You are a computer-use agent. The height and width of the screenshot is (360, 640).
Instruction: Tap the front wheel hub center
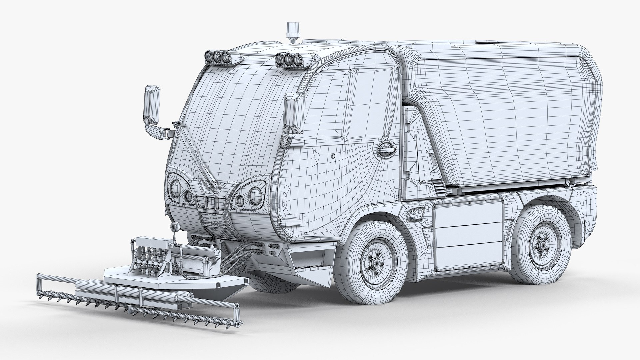point(375,263)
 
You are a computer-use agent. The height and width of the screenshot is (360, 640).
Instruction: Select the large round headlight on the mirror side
point(176,187)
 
